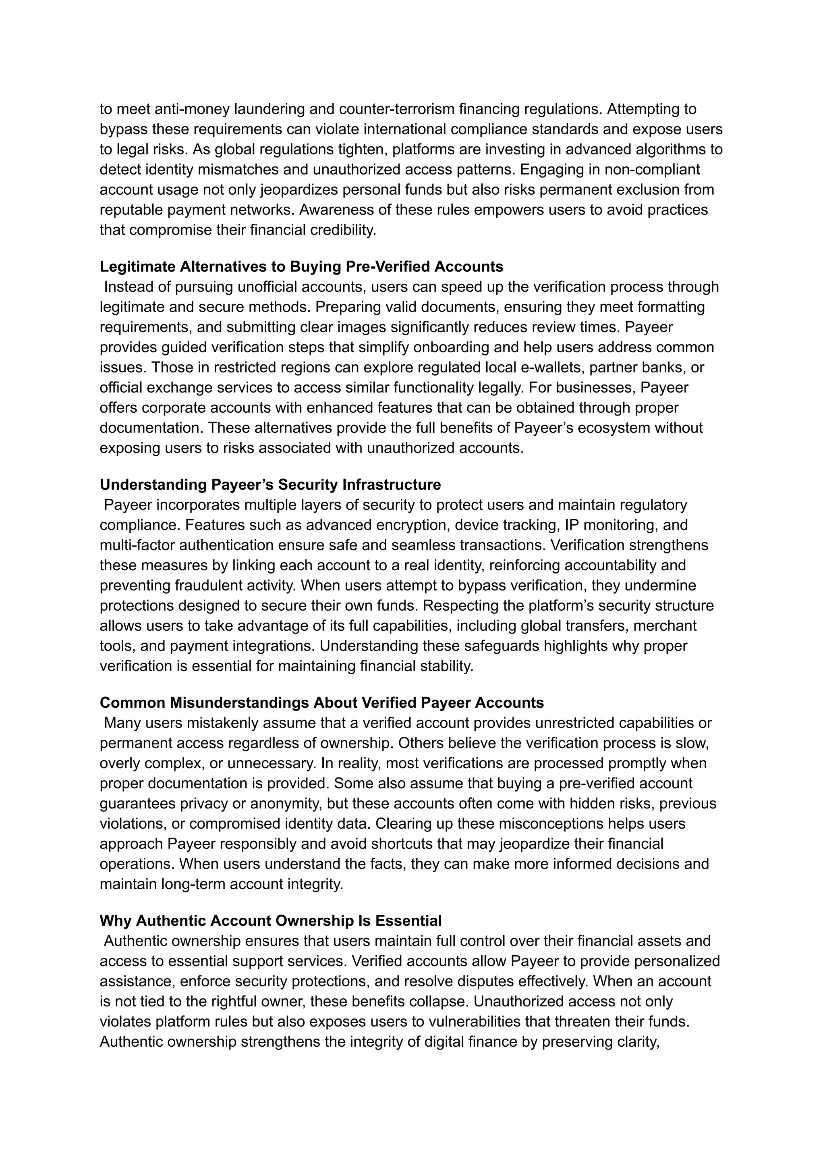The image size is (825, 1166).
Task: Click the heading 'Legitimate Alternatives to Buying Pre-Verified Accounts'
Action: tap(301, 266)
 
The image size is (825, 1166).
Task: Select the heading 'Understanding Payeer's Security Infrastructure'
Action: tap(270, 484)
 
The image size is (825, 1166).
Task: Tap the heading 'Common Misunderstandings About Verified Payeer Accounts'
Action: tap(321, 703)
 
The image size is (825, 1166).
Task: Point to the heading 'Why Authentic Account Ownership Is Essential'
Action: tap(270, 921)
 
